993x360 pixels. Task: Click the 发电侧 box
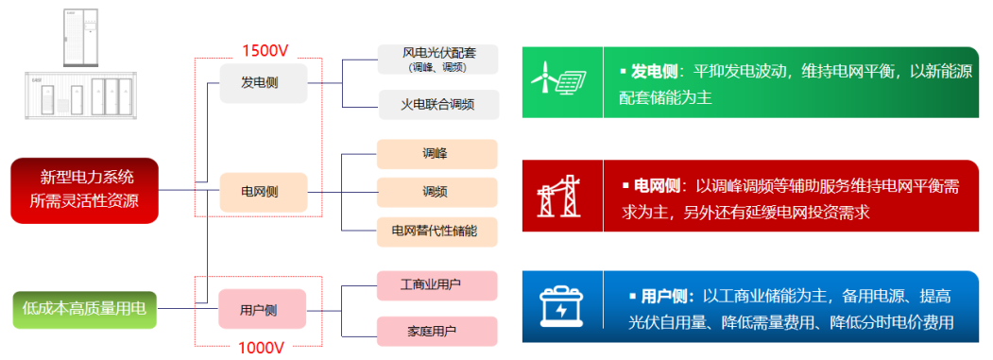pyautogui.click(x=259, y=83)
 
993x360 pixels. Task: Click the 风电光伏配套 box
pyautogui.click(x=437, y=59)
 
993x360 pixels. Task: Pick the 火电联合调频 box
pyautogui.click(x=437, y=103)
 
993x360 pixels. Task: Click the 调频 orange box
pyautogui.click(x=437, y=192)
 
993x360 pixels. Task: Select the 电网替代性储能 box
pyautogui.click(x=437, y=231)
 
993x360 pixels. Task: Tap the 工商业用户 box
pyautogui.click(x=437, y=284)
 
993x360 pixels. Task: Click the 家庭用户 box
pyautogui.click(x=437, y=331)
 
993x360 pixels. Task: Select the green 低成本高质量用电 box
pyautogui.click(x=85, y=309)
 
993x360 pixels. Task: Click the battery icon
pyautogui.click(x=562, y=306)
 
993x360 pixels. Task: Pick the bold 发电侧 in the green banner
pyautogui.click(x=653, y=72)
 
